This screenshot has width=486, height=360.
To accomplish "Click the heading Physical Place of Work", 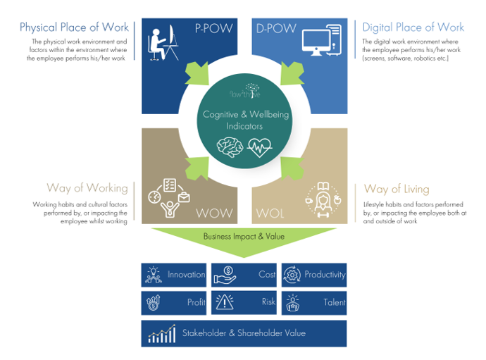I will [74, 27].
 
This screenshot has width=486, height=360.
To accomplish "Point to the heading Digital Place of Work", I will [413, 27].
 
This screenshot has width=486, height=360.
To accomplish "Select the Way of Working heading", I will [87, 187].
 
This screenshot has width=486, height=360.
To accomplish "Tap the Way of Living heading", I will [396, 189].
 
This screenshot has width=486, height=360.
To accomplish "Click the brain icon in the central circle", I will [230, 147].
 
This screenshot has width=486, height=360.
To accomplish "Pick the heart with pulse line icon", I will [258, 147].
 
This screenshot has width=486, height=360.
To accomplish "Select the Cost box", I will [244, 275].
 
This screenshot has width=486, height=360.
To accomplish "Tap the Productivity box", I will [314, 275].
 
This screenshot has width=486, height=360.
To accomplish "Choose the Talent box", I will [314, 303].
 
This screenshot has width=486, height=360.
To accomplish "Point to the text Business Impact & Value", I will [244, 237].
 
